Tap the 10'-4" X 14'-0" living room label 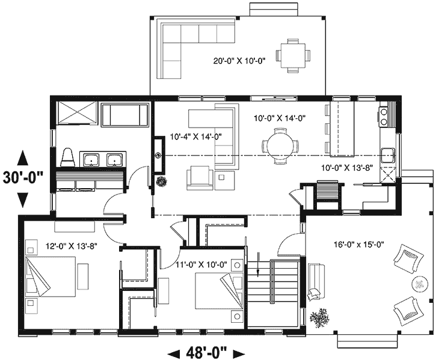pyautogui.click(x=196, y=136)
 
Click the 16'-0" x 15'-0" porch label pyautogui.click(x=359, y=244)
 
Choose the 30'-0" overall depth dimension pyautogui.click(x=23, y=178)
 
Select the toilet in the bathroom pyautogui.click(x=68, y=157)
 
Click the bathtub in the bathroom pyautogui.click(x=124, y=114)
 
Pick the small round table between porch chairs pyautogui.click(x=417, y=284)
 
